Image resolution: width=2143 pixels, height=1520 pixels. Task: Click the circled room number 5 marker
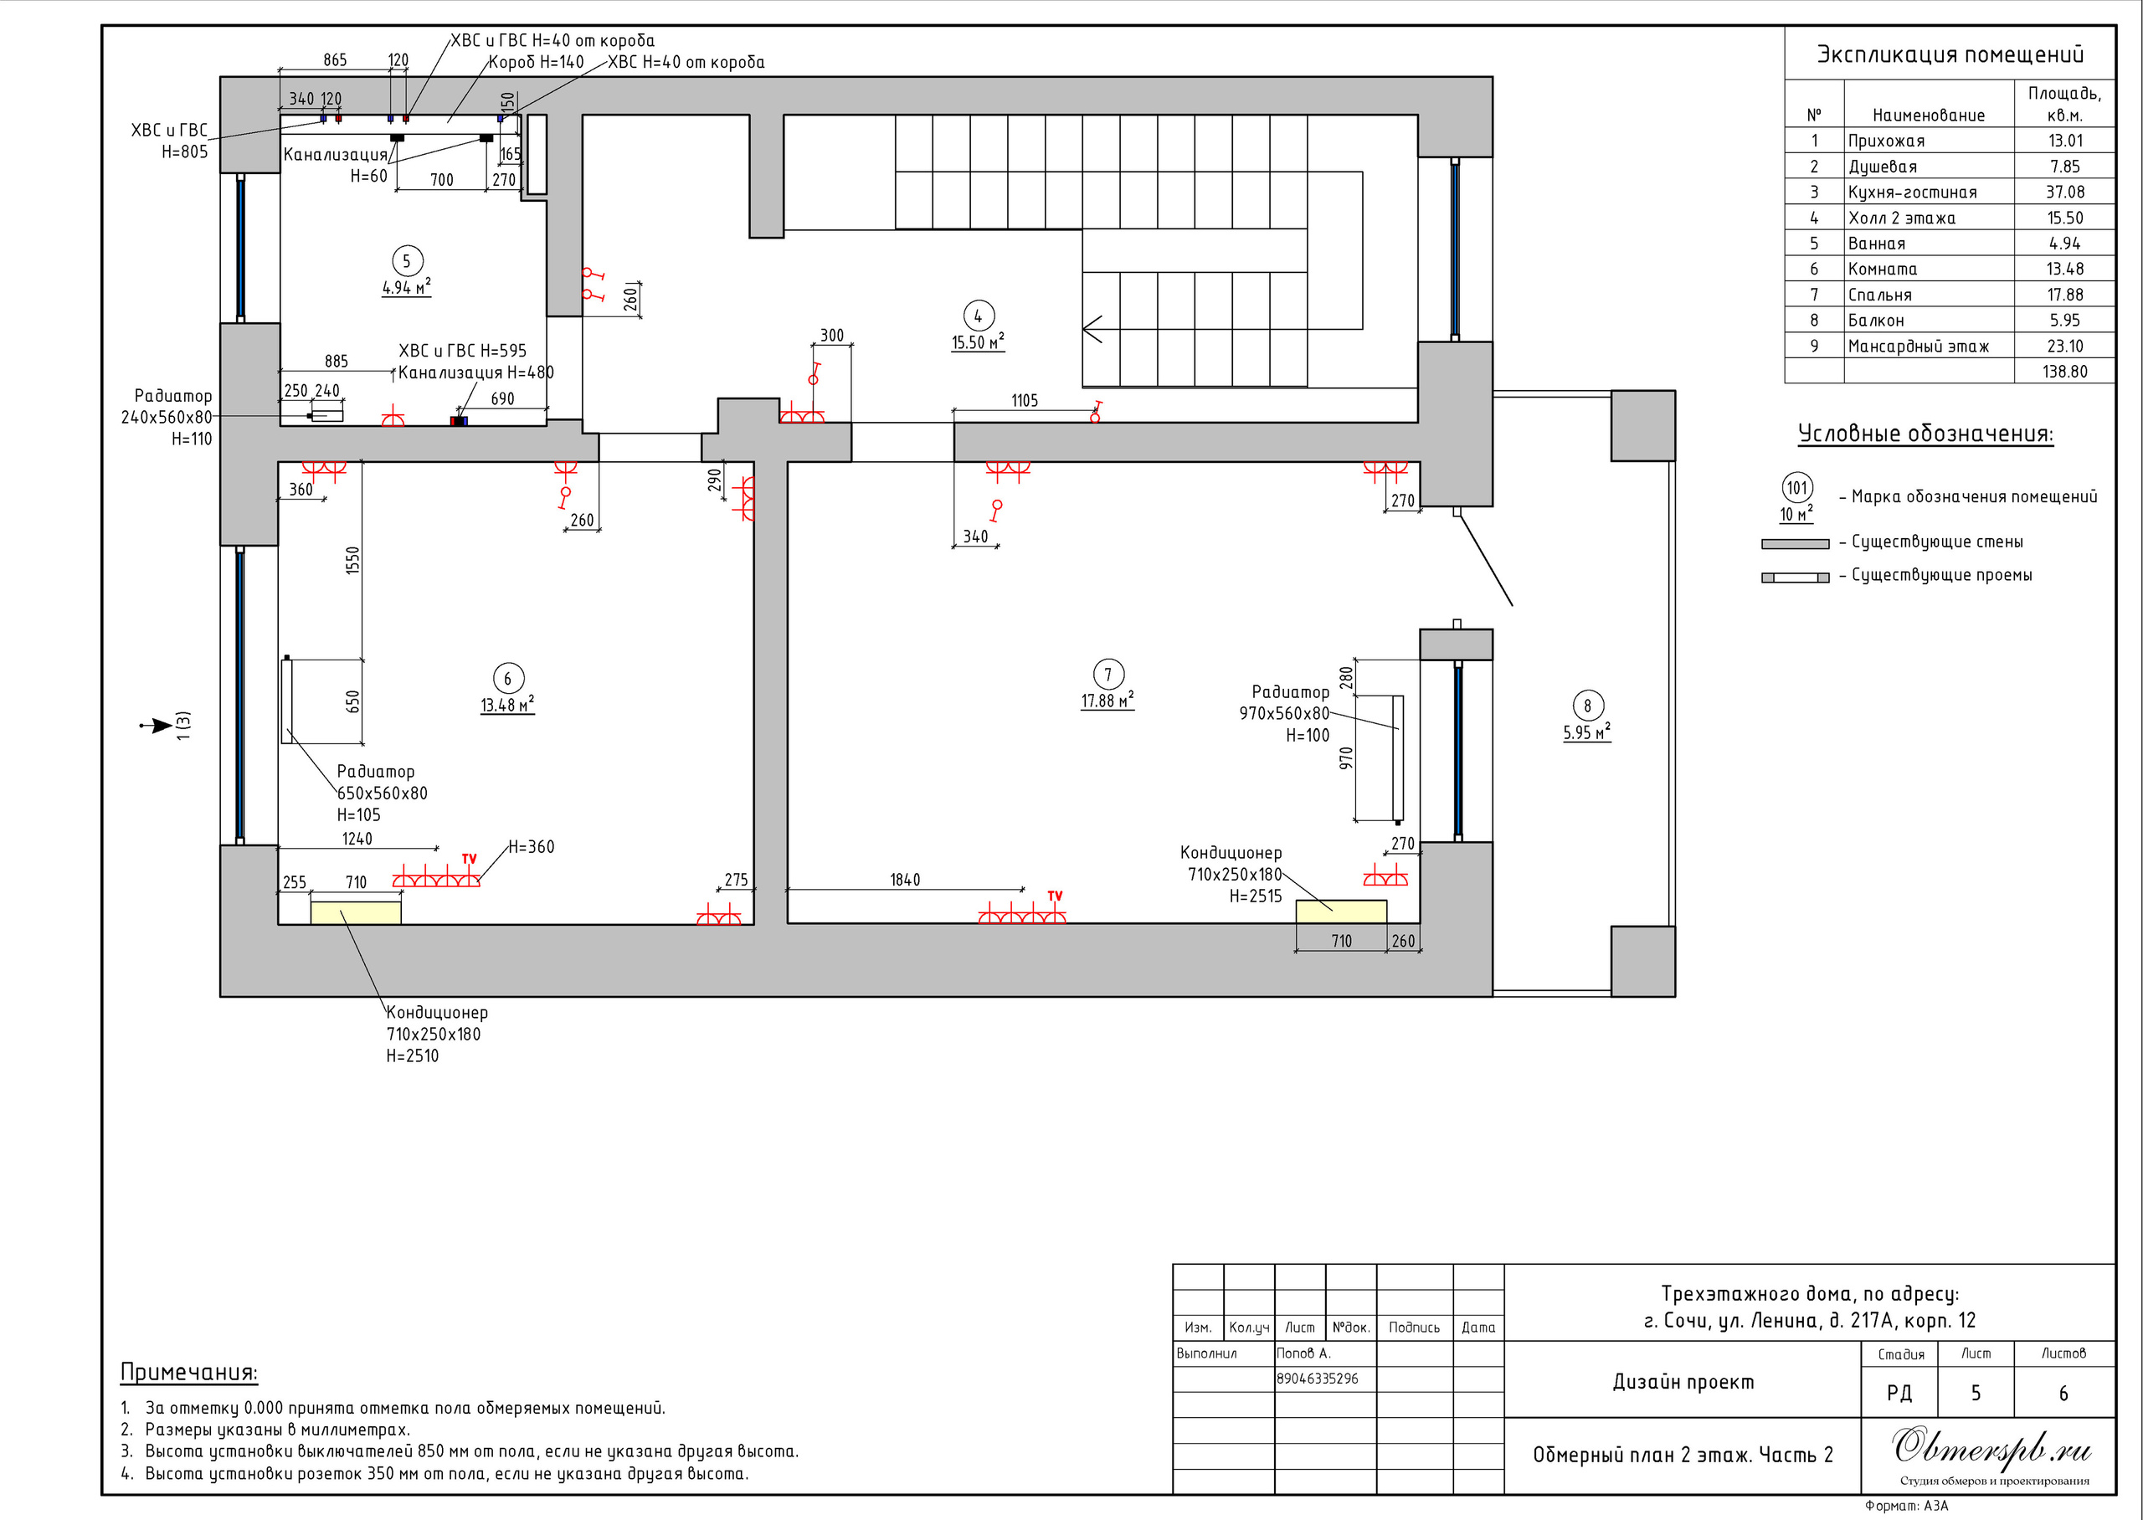pos(406,261)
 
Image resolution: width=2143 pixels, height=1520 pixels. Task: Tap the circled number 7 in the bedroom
pos(1108,674)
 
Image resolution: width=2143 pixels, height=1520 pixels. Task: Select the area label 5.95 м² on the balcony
pos(1586,732)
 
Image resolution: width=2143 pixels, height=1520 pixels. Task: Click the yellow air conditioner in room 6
pos(356,912)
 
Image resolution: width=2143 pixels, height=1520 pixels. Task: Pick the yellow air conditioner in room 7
pos(1341,911)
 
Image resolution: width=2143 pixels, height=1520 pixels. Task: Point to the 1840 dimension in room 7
pos(905,880)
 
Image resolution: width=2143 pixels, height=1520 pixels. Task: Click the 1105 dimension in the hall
pos(1025,401)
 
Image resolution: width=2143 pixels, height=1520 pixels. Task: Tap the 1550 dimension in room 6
pos(352,561)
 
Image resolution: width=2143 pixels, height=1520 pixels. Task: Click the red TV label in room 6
pos(469,858)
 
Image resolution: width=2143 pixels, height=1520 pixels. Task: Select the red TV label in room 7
pos(1055,896)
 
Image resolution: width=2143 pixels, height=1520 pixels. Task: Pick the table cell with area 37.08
pos(2064,192)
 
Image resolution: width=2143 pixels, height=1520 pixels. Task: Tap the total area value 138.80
pos(2064,372)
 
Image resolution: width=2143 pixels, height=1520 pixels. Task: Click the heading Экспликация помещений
pos(1950,54)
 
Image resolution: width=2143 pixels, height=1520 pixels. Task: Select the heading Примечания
pos(189,1372)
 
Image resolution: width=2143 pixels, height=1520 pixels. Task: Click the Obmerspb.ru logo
pos(1992,1447)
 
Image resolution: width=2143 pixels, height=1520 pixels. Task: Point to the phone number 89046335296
pos(1318,1379)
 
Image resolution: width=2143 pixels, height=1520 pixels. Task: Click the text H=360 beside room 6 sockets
pos(532,847)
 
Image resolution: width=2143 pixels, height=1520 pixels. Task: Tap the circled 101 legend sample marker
pos(1796,488)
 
